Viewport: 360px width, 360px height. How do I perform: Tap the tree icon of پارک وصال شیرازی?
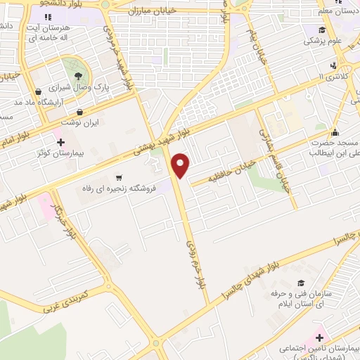(x=77, y=75)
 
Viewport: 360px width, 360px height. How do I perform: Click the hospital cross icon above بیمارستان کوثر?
(x=61, y=142)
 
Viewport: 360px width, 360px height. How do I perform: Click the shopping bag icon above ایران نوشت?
(x=79, y=112)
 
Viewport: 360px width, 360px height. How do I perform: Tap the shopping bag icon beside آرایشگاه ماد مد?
(x=38, y=91)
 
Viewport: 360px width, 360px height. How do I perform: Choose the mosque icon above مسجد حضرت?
(x=335, y=132)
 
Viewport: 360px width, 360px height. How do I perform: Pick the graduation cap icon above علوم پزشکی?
(x=321, y=30)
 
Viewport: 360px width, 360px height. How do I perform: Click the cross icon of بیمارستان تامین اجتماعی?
(x=320, y=339)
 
